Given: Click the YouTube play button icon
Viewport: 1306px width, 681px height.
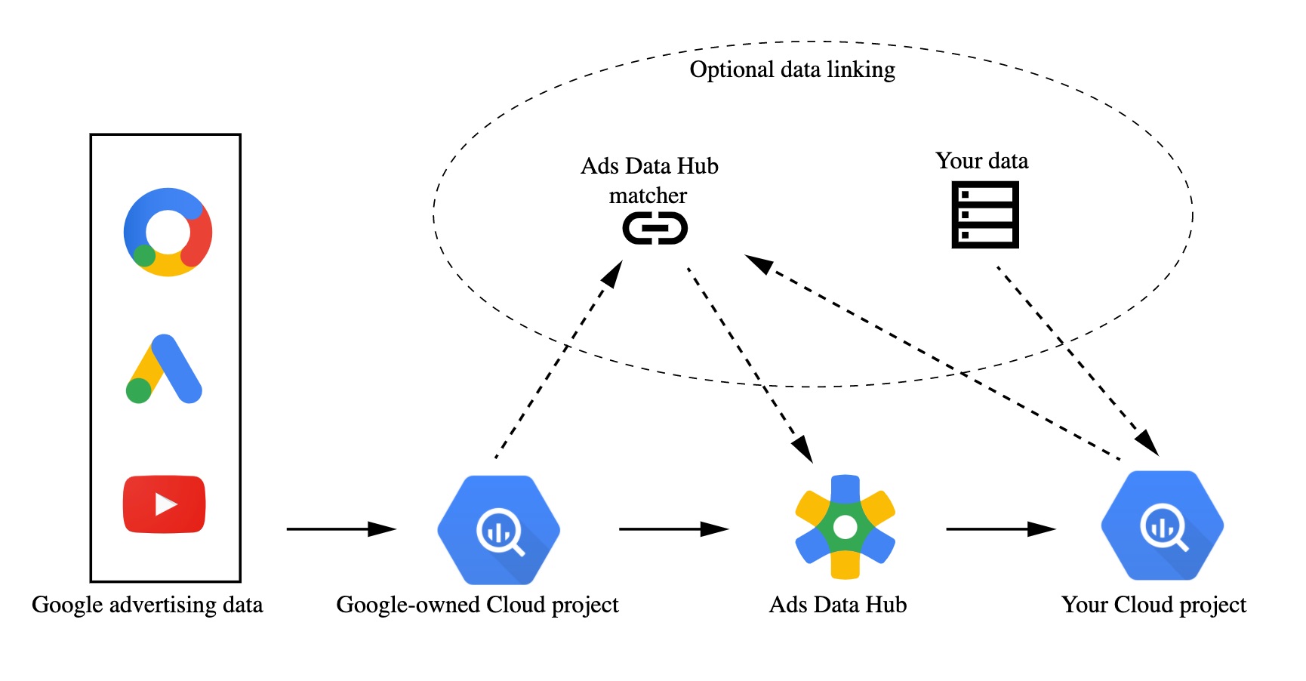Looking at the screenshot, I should [x=164, y=504].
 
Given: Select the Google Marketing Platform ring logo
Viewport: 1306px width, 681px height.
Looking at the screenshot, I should [x=168, y=232].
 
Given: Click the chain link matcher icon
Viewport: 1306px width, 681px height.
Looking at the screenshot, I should [x=655, y=228].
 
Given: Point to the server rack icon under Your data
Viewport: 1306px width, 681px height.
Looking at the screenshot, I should [x=985, y=214].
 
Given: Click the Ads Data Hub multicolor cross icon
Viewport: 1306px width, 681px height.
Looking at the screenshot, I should [x=845, y=527].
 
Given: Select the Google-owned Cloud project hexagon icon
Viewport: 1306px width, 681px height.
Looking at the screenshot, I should [x=498, y=530].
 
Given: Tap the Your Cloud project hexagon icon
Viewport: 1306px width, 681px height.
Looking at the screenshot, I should [x=1162, y=525].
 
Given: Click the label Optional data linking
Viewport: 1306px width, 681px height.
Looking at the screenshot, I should [x=792, y=69].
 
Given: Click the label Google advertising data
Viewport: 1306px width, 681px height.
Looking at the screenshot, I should [x=147, y=605].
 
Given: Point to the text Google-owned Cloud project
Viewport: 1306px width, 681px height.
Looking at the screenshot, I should [x=477, y=605].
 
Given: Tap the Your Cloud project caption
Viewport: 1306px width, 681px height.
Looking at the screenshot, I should [x=1154, y=605].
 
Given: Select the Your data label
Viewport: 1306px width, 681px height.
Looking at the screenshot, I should [x=981, y=161].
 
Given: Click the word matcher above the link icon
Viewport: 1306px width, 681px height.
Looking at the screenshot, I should [x=648, y=196].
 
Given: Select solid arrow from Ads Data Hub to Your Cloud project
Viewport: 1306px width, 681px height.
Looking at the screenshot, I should [x=1000, y=529].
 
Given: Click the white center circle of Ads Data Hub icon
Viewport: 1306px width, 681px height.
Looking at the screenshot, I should [x=845, y=527].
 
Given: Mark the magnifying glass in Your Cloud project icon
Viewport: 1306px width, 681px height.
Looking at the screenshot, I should [x=1164, y=527].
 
